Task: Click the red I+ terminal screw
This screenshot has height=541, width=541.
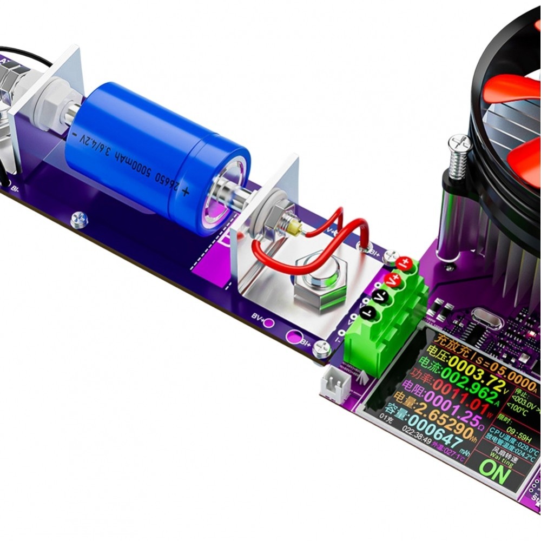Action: (404, 264)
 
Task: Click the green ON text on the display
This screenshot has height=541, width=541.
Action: (494, 473)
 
